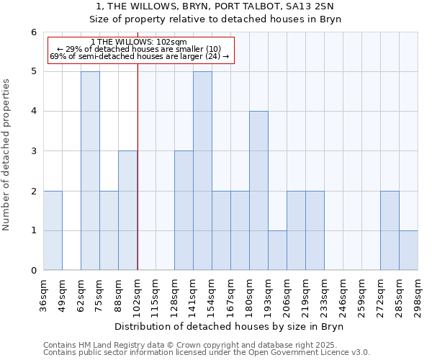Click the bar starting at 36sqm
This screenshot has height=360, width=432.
(53, 230)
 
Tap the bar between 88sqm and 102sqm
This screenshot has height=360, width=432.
(127, 210)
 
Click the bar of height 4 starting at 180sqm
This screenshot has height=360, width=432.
(258, 191)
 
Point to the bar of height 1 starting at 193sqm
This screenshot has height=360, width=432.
(277, 251)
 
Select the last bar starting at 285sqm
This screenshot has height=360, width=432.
(408, 251)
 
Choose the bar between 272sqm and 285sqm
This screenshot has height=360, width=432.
(390, 230)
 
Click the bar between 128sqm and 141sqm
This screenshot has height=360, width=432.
(184, 210)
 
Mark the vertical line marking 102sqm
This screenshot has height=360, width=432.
(138, 166)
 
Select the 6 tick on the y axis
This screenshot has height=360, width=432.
(33, 32)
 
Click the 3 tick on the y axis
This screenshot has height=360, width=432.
(33, 151)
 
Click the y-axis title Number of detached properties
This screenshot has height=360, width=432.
(7, 155)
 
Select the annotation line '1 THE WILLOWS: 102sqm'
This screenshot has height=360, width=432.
(140, 42)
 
